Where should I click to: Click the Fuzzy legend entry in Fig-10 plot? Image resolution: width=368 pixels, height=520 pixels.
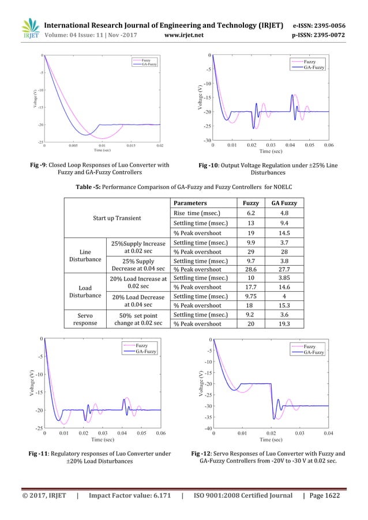pyautogui.click(x=309, y=61)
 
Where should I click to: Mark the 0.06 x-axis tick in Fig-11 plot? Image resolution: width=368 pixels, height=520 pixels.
pyautogui.click(x=160, y=432)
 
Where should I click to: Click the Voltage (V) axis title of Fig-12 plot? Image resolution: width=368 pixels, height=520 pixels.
pyautogui.click(x=201, y=383)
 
